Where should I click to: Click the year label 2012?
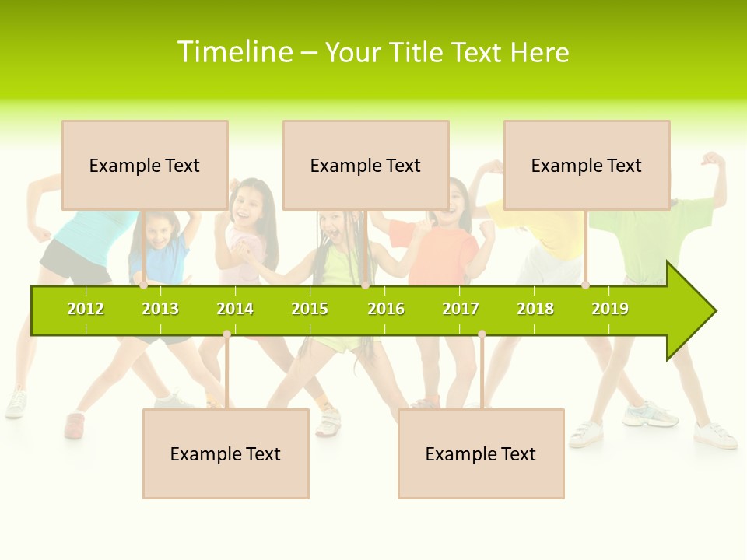(86, 309)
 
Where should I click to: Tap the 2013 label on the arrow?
(160, 309)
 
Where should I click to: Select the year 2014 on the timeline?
(235, 309)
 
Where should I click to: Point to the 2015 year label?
(310, 309)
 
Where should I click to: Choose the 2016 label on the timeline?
(386, 309)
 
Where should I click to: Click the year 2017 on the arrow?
(461, 309)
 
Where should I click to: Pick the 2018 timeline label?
(535, 309)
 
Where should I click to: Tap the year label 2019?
(610, 309)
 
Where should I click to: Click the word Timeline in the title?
(235, 52)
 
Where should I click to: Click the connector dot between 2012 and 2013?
(144, 285)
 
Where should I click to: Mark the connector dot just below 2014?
(226, 334)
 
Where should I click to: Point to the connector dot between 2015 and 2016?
(365, 285)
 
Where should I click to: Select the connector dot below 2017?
(482, 334)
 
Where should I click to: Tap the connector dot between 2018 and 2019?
(585, 285)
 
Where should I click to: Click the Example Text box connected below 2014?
(226, 453)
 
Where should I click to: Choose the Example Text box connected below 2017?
(481, 453)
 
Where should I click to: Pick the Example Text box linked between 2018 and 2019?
(587, 165)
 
